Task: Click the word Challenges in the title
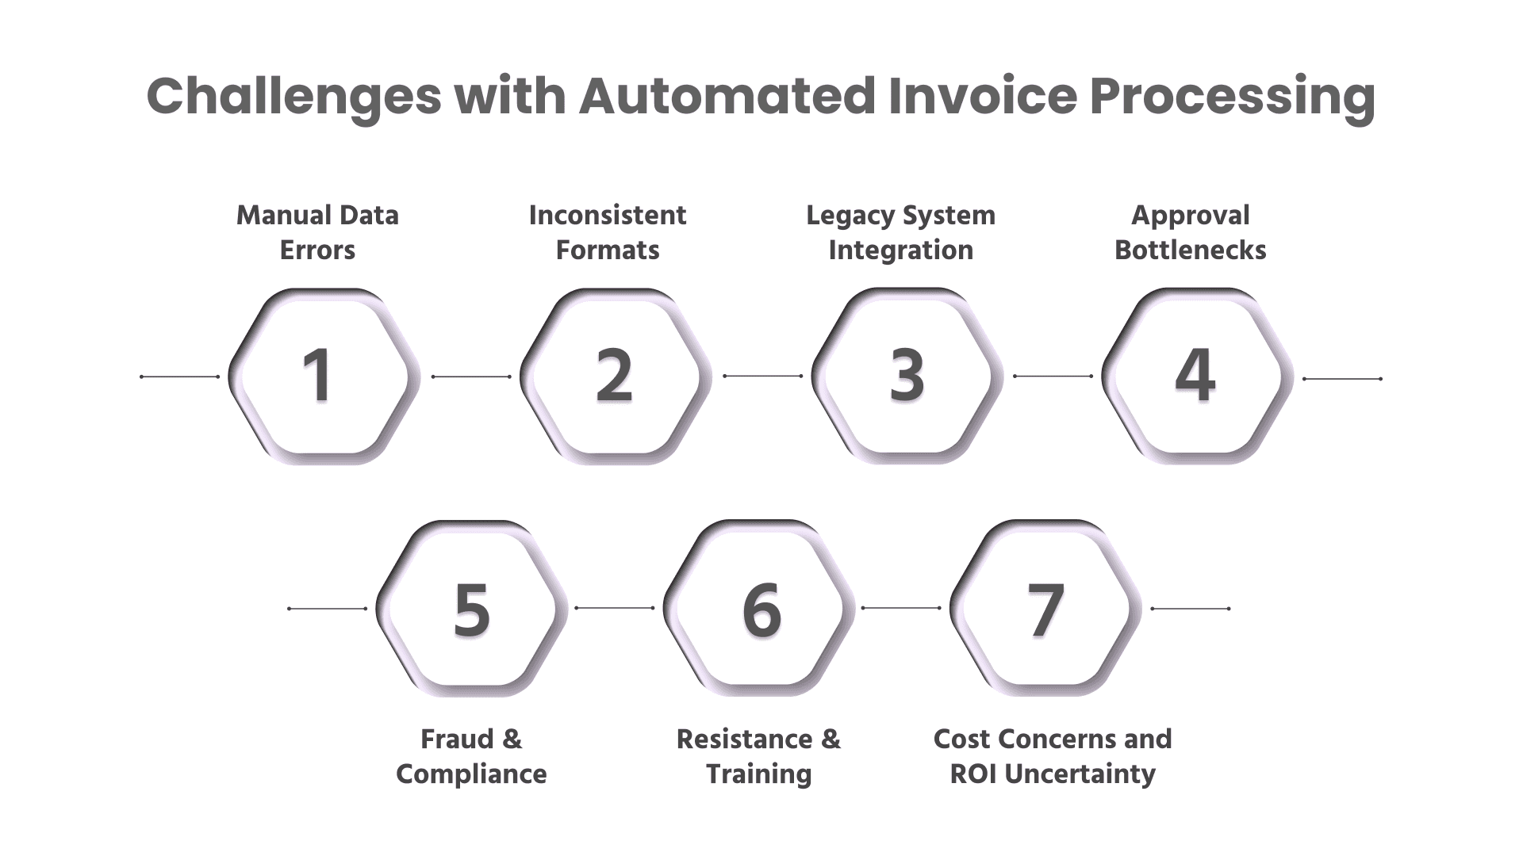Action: click(293, 97)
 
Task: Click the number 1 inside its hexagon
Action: click(318, 376)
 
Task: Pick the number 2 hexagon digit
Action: click(614, 376)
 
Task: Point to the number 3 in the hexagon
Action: click(907, 376)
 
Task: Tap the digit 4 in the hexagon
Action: click(1195, 376)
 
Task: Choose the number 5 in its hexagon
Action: click(471, 610)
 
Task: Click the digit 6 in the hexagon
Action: click(761, 610)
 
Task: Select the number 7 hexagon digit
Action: click(1045, 610)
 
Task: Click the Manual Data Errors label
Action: click(317, 232)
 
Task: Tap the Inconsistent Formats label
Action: click(608, 232)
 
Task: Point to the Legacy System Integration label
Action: click(900, 232)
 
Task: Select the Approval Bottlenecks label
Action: click(1191, 232)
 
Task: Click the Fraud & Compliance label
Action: click(471, 756)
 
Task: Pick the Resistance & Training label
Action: click(758, 756)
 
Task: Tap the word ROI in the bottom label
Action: click(974, 774)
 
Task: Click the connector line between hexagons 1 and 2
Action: click(471, 376)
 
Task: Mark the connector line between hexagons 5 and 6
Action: click(614, 608)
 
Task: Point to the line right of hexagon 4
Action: click(1342, 379)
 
